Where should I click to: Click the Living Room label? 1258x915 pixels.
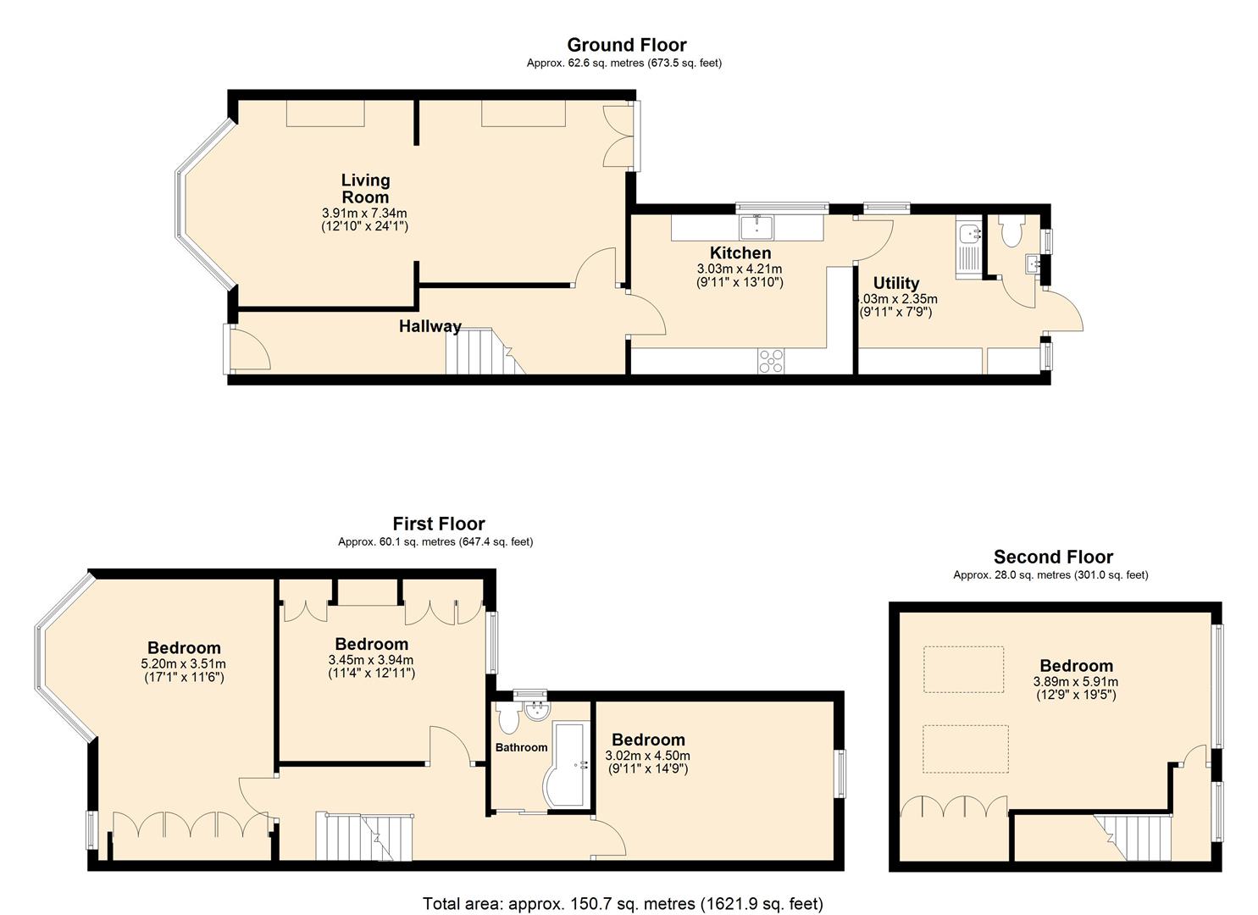[365, 188]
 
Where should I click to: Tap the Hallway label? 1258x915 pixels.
[430, 326]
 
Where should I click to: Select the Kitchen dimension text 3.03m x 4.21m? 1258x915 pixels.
[740, 269]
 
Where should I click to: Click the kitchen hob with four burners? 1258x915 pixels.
[772, 361]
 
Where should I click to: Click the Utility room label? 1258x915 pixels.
[895, 283]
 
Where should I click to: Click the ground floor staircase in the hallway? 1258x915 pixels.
[479, 352]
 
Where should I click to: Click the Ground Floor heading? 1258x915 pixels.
[626, 45]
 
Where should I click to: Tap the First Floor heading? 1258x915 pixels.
[438, 524]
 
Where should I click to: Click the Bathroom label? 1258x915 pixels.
[521, 747]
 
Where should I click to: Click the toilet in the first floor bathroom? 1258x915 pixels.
[509, 718]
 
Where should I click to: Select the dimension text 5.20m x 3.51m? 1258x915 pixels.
[183, 664]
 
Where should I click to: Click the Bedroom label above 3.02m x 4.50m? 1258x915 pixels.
[648, 740]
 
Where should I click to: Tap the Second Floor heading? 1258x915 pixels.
[1053, 557]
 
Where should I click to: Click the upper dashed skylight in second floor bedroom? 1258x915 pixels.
[963, 669]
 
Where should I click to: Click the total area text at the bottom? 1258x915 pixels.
[623, 903]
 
